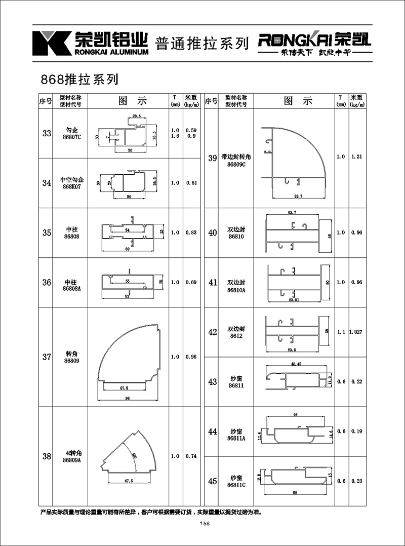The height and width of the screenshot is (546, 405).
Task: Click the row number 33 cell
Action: click(x=47, y=134)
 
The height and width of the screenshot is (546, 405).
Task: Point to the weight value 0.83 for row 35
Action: click(x=191, y=232)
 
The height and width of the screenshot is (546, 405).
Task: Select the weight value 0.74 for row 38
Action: click(x=191, y=456)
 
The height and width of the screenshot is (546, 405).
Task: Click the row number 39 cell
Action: click(x=212, y=159)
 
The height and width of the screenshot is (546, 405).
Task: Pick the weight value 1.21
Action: click(x=356, y=157)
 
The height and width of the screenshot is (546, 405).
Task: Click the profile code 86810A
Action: click(x=236, y=290)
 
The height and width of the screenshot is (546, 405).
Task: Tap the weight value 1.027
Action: click(x=356, y=332)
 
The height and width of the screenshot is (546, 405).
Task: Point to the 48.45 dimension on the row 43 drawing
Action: click(x=296, y=364)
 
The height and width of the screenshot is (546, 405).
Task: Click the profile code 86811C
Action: click(x=236, y=485)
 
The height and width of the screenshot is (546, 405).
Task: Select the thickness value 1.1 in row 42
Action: click(x=340, y=332)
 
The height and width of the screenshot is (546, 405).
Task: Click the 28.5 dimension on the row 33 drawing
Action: click(x=136, y=116)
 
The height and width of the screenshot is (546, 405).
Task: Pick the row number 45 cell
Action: click(x=212, y=481)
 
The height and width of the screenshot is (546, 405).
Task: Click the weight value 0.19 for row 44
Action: click(x=356, y=432)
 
